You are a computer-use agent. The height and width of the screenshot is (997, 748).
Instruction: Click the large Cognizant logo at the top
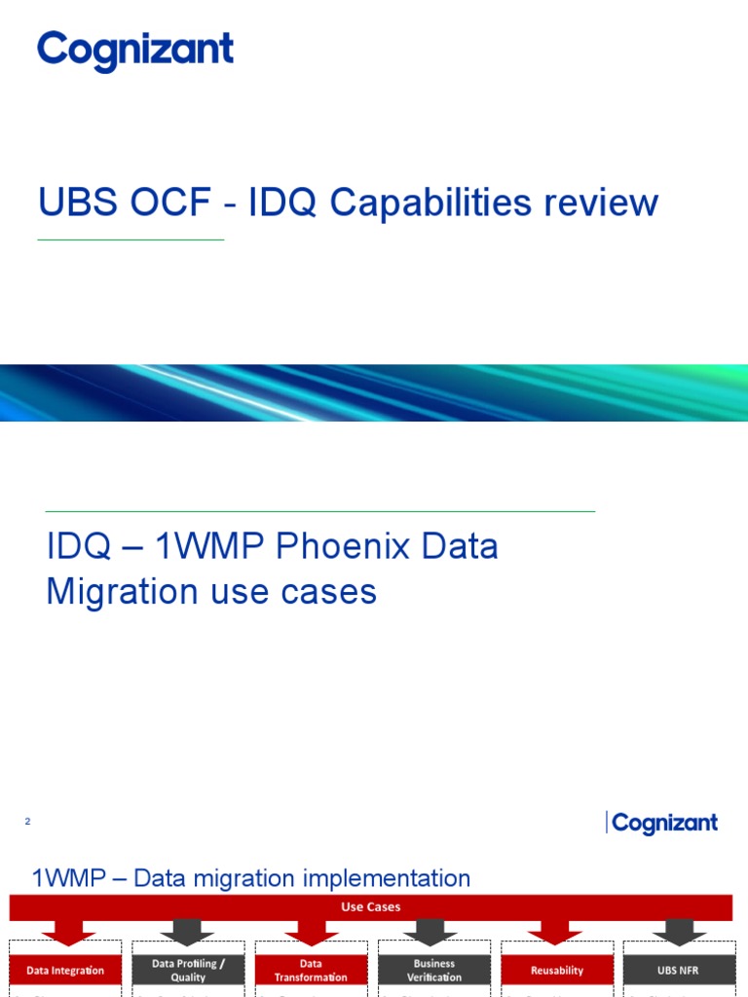(135, 51)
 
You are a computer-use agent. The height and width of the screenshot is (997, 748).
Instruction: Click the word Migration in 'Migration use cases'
(117, 591)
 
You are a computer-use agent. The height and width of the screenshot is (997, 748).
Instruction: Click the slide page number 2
(28, 823)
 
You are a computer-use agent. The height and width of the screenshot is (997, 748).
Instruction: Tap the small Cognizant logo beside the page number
(663, 824)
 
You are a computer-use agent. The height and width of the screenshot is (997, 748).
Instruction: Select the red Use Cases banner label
(370, 906)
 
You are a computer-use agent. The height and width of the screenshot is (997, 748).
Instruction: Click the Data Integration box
(65, 970)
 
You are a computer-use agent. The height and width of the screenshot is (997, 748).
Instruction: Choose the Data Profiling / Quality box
(188, 970)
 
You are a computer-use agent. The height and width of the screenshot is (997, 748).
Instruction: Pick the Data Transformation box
(311, 970)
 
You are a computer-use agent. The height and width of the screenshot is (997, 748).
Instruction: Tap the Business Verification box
(433, 970)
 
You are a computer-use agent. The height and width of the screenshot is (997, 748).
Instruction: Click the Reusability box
(557, 970)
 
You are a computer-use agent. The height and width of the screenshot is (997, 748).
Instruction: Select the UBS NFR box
(679, 970)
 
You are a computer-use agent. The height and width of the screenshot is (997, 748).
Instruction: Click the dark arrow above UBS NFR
(679, 933)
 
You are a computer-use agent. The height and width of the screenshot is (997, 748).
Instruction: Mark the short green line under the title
(131, 240)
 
